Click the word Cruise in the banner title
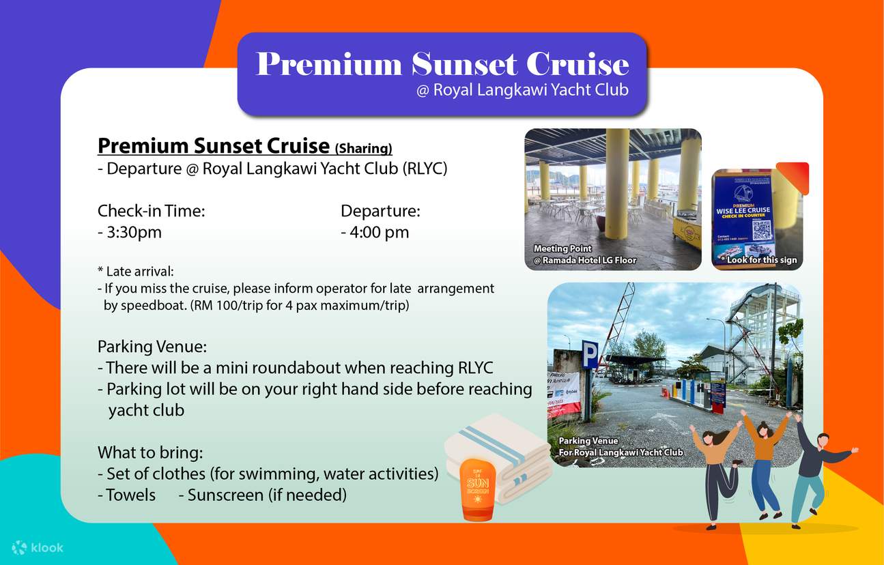576,65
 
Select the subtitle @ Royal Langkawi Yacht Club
522,90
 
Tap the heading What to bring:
150,452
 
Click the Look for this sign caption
758,260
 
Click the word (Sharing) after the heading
363,148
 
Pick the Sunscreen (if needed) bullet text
267,495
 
